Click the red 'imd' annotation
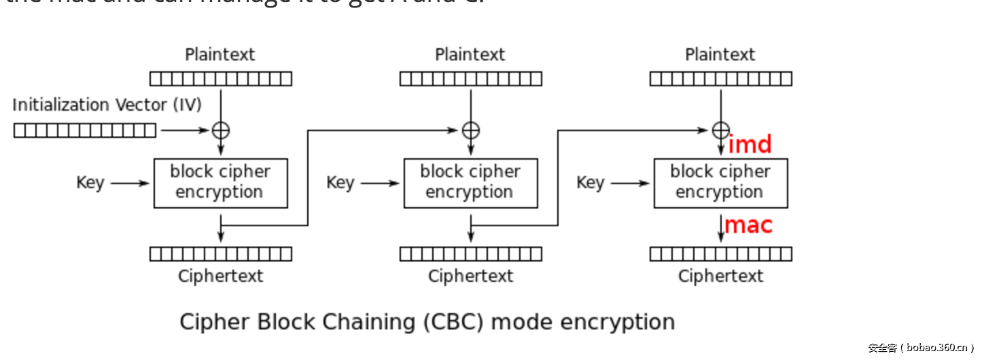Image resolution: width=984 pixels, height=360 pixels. [750, 145]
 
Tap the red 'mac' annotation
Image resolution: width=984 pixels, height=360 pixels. [749, 225]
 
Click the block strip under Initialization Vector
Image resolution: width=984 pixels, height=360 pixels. [85, 130]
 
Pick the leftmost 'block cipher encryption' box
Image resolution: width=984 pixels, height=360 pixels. [221, 183]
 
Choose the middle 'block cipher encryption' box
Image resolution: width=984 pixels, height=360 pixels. [471, 183]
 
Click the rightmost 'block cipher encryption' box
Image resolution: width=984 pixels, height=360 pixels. [720, 183]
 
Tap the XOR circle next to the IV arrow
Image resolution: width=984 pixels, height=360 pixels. [221, 130]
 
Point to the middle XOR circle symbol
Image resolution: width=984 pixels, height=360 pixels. [471, 130]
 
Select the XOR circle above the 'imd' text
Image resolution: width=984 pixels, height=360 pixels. [720, 130]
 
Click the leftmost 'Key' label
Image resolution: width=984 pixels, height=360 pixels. [90, 183]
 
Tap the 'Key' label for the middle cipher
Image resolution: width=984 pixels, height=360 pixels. [340, 183]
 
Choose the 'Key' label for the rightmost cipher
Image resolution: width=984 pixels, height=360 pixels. [590, 183]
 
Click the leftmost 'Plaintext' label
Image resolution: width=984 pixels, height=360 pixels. [220, 54]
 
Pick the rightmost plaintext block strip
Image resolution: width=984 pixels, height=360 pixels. [721, 79]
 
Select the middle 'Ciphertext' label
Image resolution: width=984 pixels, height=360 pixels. [470, 276]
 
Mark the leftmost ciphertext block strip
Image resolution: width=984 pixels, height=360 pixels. [221, 254]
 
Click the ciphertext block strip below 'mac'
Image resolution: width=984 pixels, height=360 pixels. [721, 254]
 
